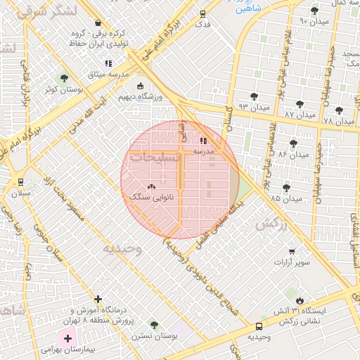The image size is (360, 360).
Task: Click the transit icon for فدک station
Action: tap(203, 13)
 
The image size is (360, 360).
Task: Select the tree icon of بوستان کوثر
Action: tap(64, 78)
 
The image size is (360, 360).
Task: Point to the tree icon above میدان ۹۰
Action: tap(314, 11)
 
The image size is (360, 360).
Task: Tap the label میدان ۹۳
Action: tap(253, 106)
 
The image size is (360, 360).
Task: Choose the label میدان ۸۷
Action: tap(300, 114)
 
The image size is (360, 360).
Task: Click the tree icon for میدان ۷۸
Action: tap(339, 110)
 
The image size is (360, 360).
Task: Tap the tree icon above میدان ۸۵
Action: tap(285, 188)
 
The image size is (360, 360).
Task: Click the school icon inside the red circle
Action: tap(204, 141)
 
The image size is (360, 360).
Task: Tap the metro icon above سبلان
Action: tap(19, 181)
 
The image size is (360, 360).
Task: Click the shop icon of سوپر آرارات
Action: tap(292, 252)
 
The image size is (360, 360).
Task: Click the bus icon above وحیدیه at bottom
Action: tap(259, 326)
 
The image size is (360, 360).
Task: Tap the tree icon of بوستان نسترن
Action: tap(154, 325)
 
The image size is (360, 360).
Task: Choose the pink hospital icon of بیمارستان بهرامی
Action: tap(67, 339)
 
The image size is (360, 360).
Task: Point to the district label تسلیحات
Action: tap(156, 158)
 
